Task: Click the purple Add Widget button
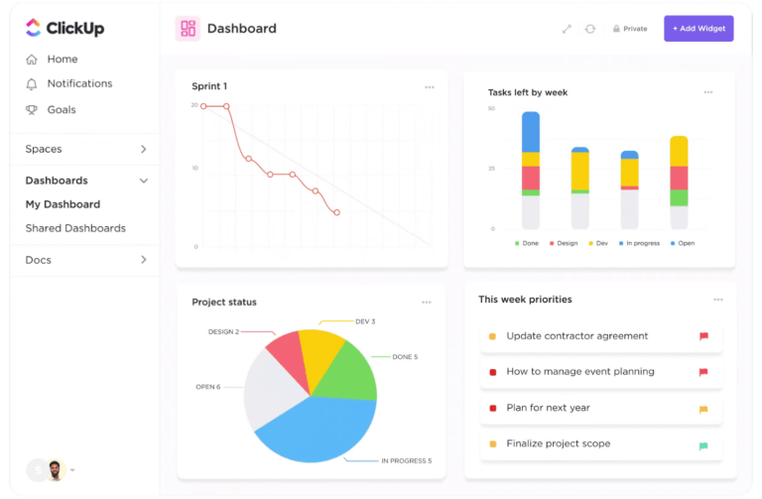pos(698,29)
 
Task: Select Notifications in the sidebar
pos(79,84)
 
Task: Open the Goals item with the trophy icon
pos(61,110)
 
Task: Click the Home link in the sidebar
pos(62,60)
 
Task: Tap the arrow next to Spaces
pos(144,150)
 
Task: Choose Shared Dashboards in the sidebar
pos(75,228)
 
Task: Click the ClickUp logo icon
pos(33,29)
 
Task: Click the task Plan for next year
pos(548,408)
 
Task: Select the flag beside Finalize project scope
pos(703,444)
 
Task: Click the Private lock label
pos(630,29)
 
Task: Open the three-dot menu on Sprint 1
pos(429,87)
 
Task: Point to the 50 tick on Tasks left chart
pos(491,108)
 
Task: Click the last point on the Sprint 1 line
pos(337,212)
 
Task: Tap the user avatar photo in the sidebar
pos(56,469)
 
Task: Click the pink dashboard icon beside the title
pos(188,29)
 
